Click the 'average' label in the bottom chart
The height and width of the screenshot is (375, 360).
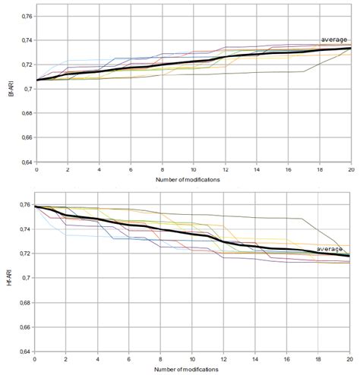(x=330, y=248)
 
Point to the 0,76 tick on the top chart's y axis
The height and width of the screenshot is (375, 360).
(x=24, y=16)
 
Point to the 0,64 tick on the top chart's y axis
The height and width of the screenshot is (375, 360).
(x=24, y=162)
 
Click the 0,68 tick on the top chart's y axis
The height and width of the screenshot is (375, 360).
(x=24, y=114)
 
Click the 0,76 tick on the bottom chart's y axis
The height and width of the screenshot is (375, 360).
(x=24, y=205)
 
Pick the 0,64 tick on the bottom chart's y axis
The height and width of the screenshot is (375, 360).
(x=24, y=351)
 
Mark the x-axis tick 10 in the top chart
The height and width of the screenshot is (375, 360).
(x=193, y=170)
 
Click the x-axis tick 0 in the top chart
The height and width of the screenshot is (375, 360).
(x=36, y=170)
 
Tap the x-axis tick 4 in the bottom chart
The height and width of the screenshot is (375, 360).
(x=99, y=359)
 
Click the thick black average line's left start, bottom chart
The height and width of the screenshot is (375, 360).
(x=36, y=206)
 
